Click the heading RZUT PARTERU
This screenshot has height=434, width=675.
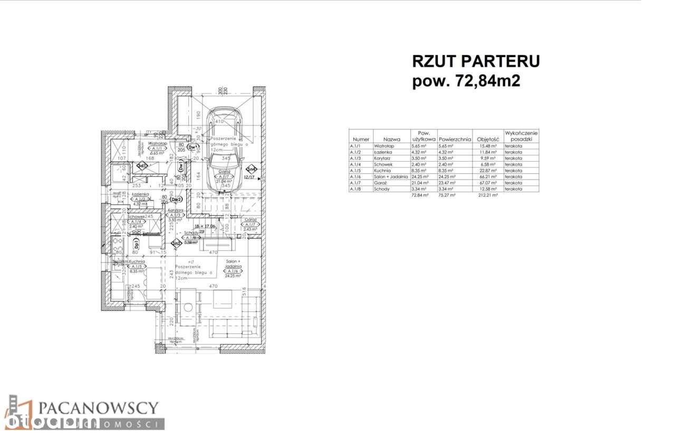tap(476, 61)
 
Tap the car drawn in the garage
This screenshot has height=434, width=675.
tap(225, 143)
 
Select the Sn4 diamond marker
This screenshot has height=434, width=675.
tap(253, 169)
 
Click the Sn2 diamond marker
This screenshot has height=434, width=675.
tap(177, 243)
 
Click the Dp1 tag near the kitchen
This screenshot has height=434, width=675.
tap(137, 244)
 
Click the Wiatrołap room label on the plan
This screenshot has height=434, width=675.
tap(157, 143)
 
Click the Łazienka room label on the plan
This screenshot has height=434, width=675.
tap(140, 194)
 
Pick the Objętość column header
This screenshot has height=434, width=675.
tap(484, 139)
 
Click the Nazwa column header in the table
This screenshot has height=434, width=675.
tap(392, 139)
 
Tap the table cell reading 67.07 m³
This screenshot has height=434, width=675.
tap(484, 183)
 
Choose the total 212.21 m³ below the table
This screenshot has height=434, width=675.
tap(484, 195)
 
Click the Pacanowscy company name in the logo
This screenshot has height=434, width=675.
tap(98, 408)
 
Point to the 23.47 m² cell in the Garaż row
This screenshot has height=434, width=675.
tap(447, 183)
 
